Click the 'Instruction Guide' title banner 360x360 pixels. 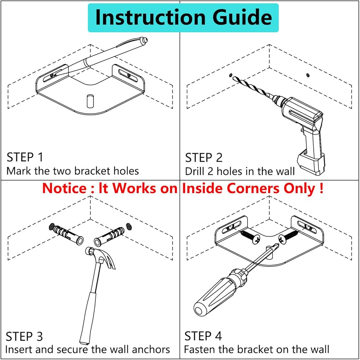(x=183, y=18)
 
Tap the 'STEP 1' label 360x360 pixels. (x=25, y=157)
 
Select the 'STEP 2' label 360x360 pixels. (x=204, y=158)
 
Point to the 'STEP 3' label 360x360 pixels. (x=25, y=337)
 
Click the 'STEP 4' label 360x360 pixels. (x=203, y=336)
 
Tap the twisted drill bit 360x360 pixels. (x=252, y=88)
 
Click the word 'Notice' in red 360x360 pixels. (x=64, y=188)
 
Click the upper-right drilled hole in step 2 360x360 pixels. (x=307, y=75)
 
